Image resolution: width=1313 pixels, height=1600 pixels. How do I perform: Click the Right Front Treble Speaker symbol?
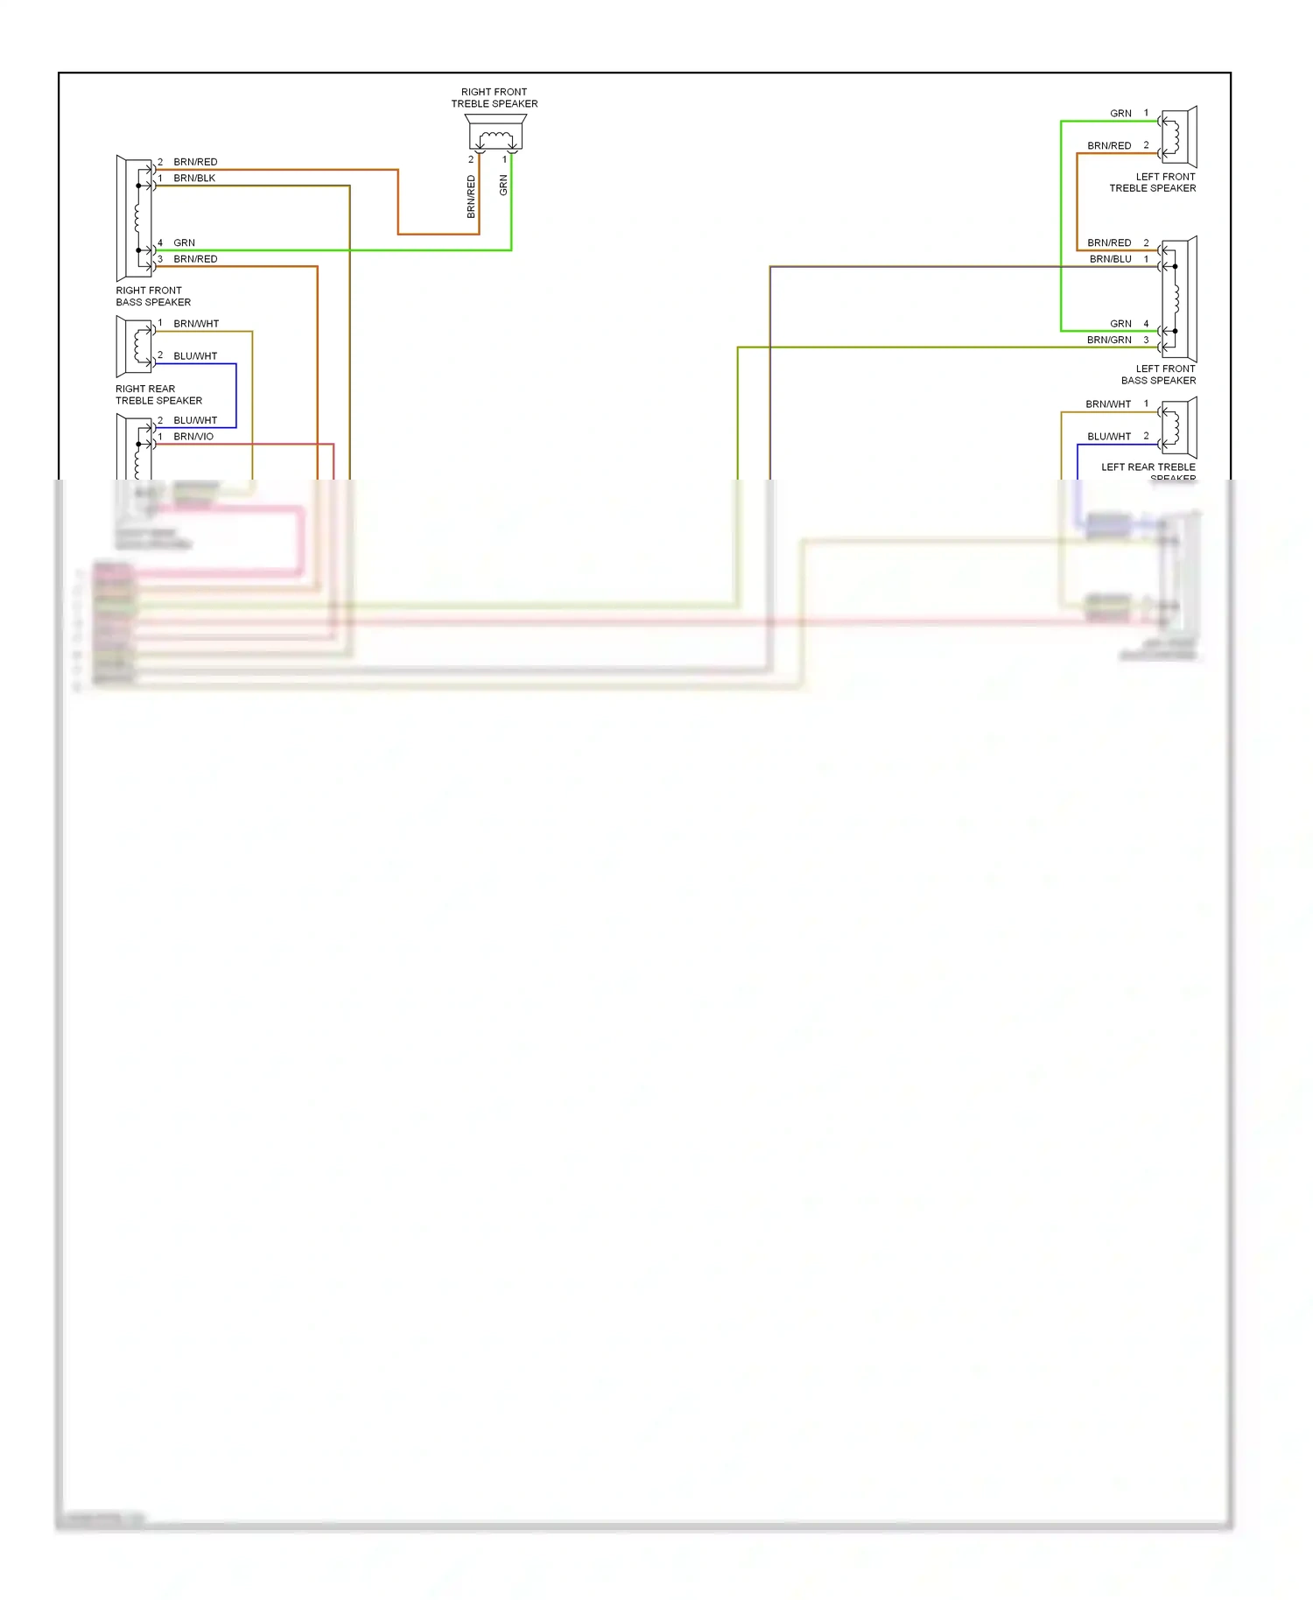tap(495, 133)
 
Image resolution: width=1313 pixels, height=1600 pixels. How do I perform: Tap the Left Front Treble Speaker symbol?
tap(1178, 137)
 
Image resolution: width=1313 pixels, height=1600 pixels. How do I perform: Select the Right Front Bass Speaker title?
tap(153, 296)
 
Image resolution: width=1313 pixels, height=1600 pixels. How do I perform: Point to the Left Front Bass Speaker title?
tap(1158, 375)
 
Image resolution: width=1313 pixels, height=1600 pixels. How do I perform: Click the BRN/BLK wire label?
tap(194, 178)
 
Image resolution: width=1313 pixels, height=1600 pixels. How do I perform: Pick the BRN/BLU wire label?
tap(1110, 259)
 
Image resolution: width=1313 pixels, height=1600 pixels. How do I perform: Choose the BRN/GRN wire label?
tap(1109, 340)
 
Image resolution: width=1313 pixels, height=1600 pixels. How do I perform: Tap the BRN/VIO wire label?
tap(193, 436)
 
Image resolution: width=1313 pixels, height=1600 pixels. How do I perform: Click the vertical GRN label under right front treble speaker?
tap(503, 185)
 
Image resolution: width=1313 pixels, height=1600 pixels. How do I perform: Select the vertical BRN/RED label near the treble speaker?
tap(471, 197)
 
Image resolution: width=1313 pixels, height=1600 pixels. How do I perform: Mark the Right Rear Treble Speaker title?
tap(158, 395)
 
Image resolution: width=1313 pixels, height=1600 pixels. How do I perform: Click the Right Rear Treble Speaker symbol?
tap(135, 345)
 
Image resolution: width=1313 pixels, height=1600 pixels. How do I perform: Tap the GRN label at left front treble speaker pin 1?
tap(1120, 114)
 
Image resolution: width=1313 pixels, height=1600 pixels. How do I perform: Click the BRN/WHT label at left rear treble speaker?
tap(1108, 404)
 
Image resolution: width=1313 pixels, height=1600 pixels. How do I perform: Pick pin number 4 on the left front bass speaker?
tap(1146, 324)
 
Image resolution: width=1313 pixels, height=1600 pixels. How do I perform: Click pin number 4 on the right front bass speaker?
tap(160, 243)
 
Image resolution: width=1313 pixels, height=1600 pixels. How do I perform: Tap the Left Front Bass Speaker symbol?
tap(1178, 299)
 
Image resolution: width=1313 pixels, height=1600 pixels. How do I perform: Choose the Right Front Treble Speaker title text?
tap(495, 98)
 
